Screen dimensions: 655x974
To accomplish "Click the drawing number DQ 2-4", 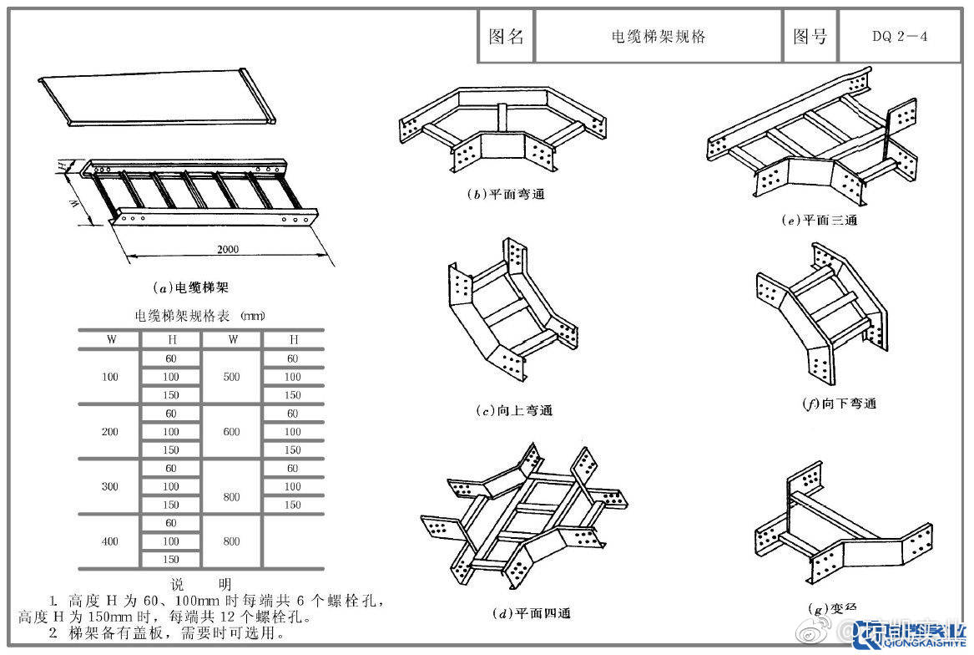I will coord(900,37).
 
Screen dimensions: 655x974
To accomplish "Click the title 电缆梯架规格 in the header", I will coord(659,37).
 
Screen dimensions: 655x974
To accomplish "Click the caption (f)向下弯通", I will coord(839,404).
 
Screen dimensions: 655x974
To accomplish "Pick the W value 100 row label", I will coord(110,377).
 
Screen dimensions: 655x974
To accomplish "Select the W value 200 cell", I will coord(110,432).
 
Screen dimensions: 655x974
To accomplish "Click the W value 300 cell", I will coord(110,486).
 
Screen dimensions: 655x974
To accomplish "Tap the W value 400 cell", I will coord(110,541).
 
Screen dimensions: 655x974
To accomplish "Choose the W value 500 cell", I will coord(232,377).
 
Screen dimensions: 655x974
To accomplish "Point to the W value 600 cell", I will coord(232,432).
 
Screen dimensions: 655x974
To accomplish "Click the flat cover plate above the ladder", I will coord(154,99).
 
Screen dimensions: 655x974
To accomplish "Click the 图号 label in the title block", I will coord(810,37).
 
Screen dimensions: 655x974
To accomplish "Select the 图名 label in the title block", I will coord(506,37).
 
